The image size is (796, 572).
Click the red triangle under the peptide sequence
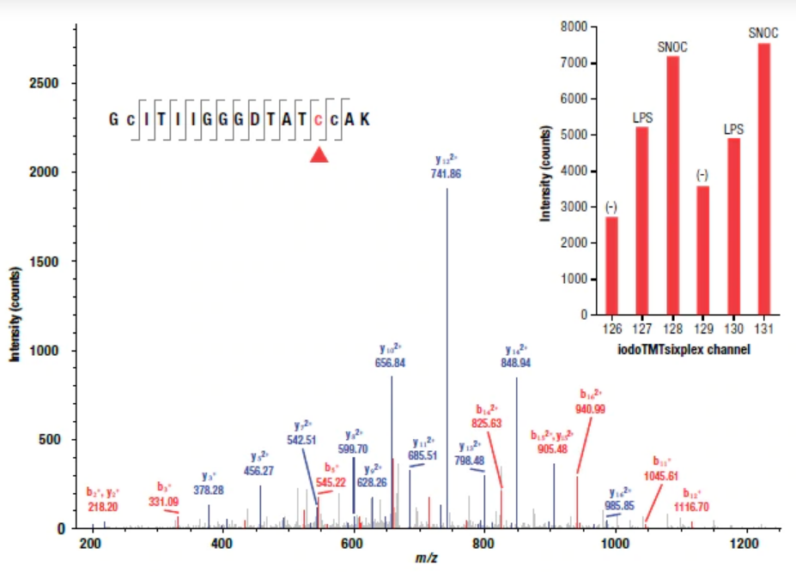[x=319, y=154]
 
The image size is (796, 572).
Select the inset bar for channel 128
[x=672, y=184]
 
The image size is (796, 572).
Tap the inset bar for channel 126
[x=611, y=265]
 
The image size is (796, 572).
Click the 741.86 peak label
[x=447, y=173]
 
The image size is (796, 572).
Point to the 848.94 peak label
[x=515, y=363]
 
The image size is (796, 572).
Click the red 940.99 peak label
[x=592, y=409]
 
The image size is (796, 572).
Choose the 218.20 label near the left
[x=103, y=507]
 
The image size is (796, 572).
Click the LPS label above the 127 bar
[x=641, y=117]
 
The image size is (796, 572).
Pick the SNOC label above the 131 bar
[x=763, y=33]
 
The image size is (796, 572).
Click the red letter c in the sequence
[x=319, y=119]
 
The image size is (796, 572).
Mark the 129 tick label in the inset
[x=702, y=329]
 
